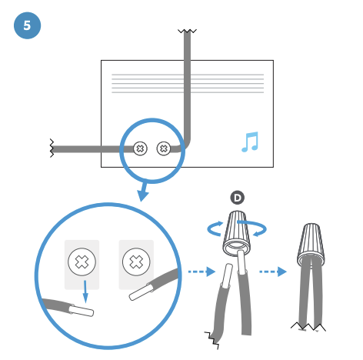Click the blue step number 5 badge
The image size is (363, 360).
[x=27, y=25]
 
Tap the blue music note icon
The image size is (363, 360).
[x=250, y=142]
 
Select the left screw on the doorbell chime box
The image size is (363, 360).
[x=140, y=148]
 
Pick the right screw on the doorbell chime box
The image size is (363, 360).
[x=164, y=148]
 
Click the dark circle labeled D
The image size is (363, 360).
[x=238, y=198]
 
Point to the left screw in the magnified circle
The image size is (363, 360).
[x=82, y=262]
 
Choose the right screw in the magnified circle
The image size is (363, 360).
[x=136, y=262]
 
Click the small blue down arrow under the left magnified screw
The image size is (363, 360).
[x=85, y=292]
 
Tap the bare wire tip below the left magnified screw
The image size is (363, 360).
[x=82, y=311]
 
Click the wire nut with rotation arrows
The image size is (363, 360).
[x=236, y=233]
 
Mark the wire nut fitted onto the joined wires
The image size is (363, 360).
[x=311, y=245]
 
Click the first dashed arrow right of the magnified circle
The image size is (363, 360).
[x=201, y=272]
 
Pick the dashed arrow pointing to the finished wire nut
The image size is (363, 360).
[x=273, y=272]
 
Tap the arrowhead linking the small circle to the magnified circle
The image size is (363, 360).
[x=142, y=195]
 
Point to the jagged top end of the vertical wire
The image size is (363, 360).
[x=187, y=31]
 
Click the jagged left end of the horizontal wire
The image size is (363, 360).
[x=52, y=148]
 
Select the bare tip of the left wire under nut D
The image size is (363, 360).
[x=227, y=275]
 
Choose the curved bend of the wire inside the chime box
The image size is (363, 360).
[x=186, y=145]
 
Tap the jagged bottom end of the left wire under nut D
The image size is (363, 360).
[x=212, y=340]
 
